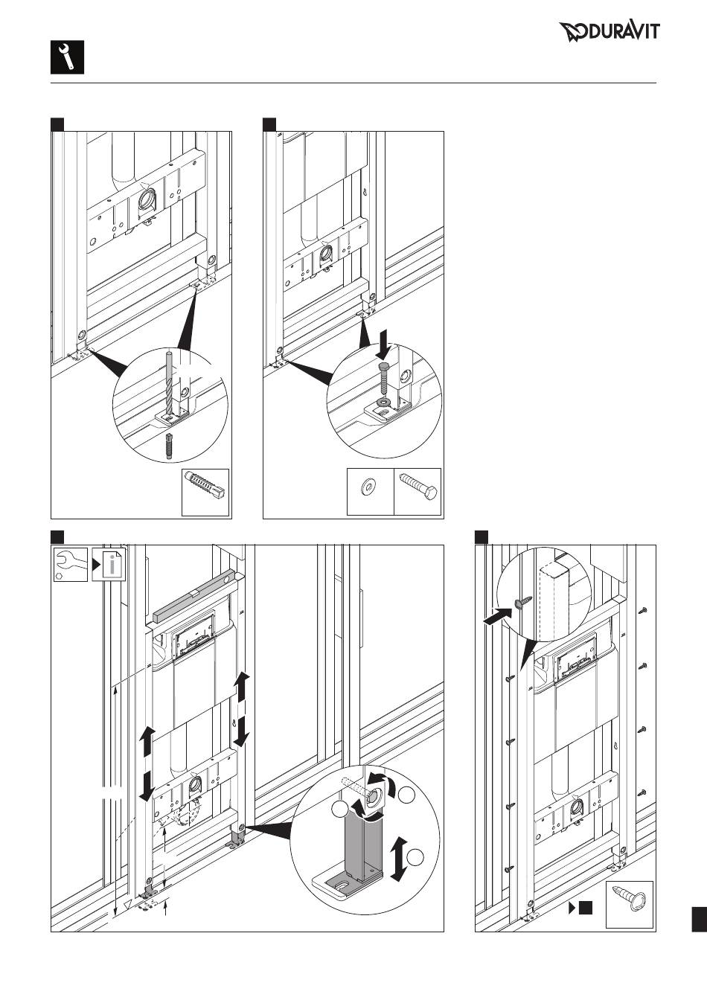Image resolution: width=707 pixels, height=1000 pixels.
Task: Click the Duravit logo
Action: pyautogui.click(x=609, y=32)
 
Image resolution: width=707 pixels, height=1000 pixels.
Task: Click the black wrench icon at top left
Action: pyautogui.click(x=67, y=57)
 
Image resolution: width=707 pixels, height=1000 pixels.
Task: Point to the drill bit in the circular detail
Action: pyautogui.click(x=168, y=383)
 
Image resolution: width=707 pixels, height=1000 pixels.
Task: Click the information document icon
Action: pyautogui.click(x=109, y=565)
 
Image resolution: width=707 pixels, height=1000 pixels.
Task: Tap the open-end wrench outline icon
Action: pyautogui.click(x=71, y=565)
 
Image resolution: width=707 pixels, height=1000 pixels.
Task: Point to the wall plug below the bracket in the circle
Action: pyautogui.click(x=168, y=446)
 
